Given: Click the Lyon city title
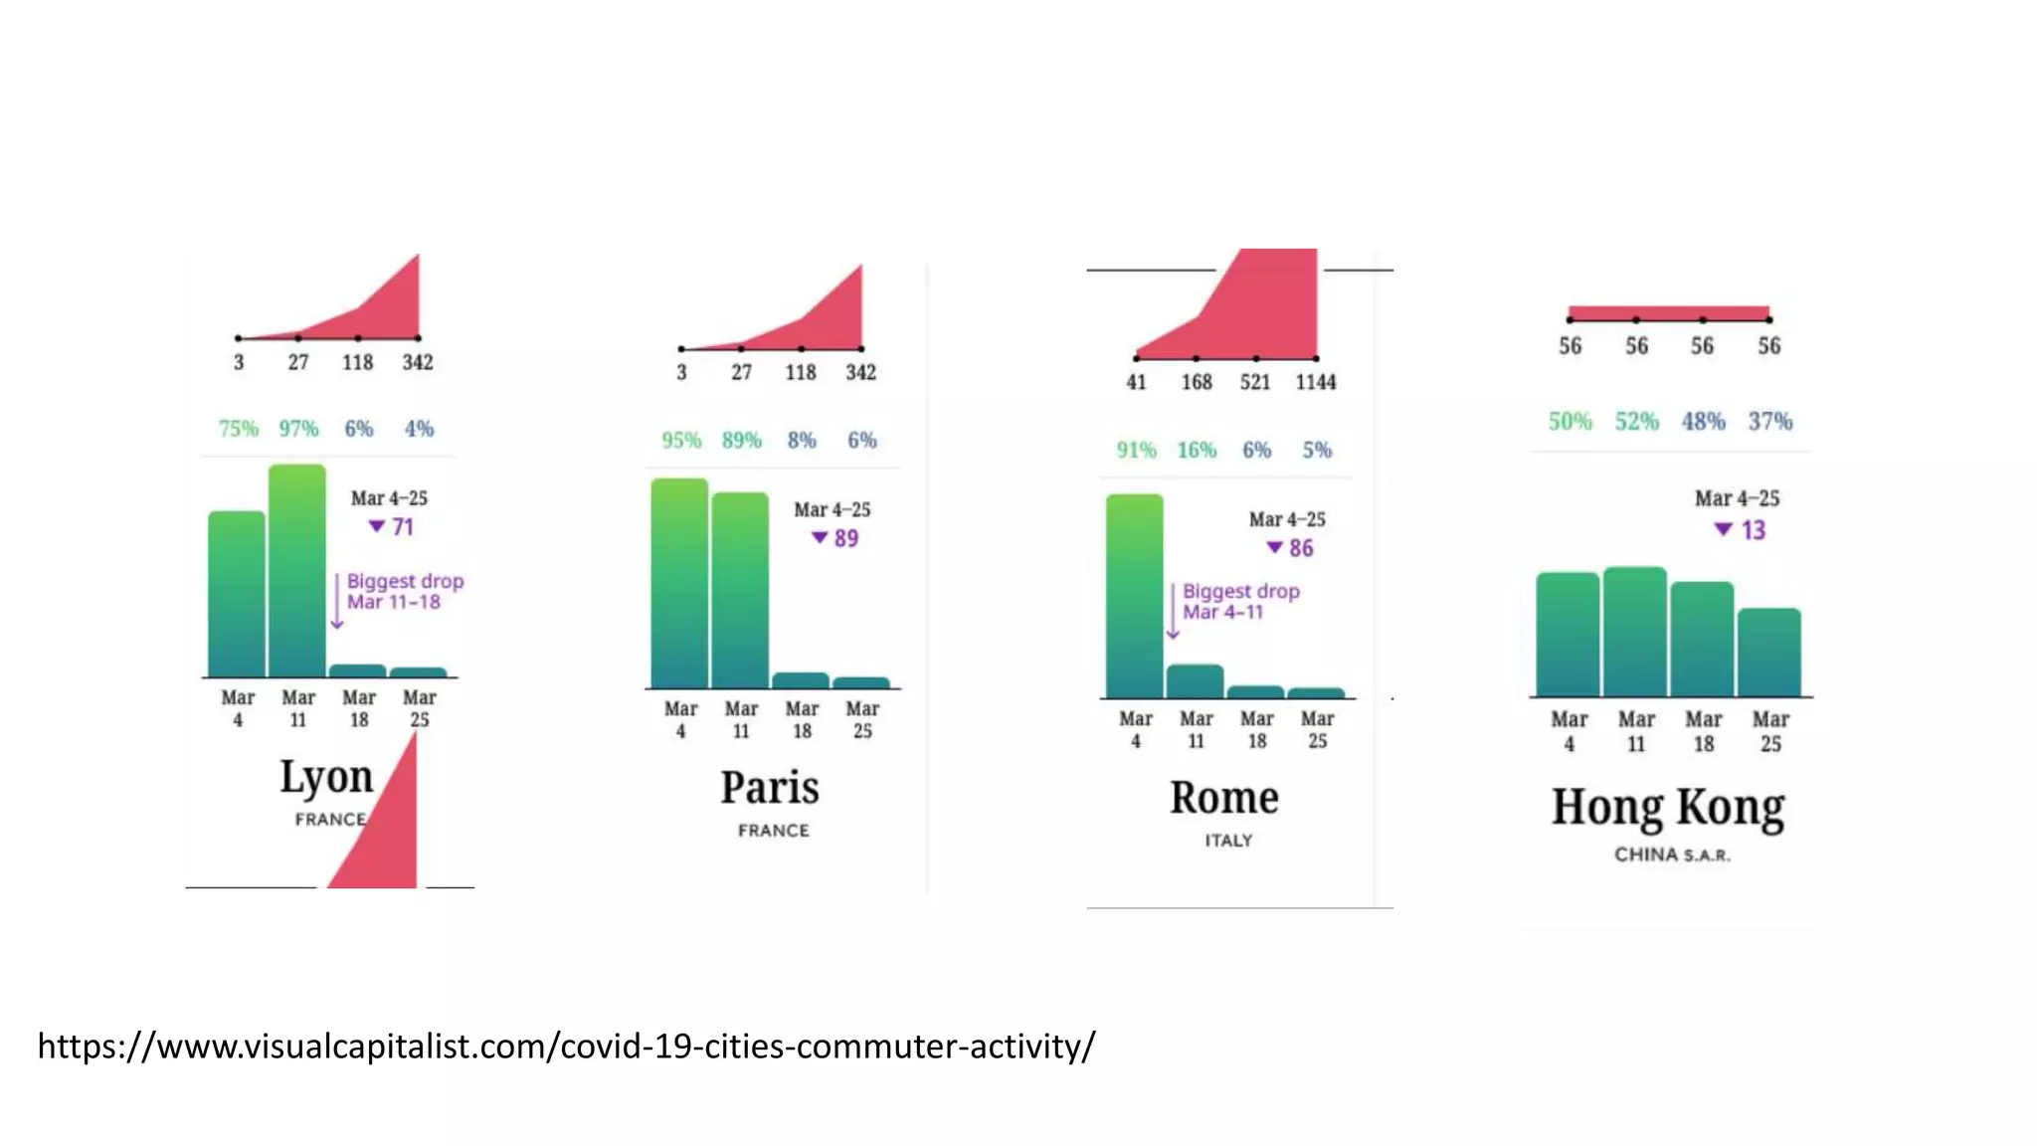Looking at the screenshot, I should click(326, 777).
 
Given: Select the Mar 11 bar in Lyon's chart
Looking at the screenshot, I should click(297, 571).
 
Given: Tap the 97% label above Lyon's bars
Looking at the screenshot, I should click(298, 429).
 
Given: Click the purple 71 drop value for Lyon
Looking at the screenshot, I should click(402, 527).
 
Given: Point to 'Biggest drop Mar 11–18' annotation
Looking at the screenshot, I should click(404, 591).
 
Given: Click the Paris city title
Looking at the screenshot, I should click(770, 788).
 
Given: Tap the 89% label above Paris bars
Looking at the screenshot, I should click(742, 440).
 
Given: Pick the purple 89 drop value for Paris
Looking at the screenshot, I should click(845, 538).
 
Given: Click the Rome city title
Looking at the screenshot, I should click(1224, 798).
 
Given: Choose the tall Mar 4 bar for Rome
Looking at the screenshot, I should click(1134, 596).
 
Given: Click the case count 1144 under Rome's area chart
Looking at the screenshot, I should click(1315, 382).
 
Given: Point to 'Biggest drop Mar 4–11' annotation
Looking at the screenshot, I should click(1240, 601).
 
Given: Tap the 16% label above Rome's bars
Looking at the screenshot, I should click(1197, 450).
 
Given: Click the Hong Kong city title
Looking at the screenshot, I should click(1668, 807).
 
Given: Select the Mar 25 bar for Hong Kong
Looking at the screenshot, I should click(1768, 653).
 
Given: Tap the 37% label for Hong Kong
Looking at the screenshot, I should click(1770, 421).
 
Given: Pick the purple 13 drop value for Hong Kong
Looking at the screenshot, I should click(1753, 530).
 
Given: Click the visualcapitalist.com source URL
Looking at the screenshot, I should click(566, 1046).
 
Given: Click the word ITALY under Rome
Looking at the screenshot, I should click(1228, 841).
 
